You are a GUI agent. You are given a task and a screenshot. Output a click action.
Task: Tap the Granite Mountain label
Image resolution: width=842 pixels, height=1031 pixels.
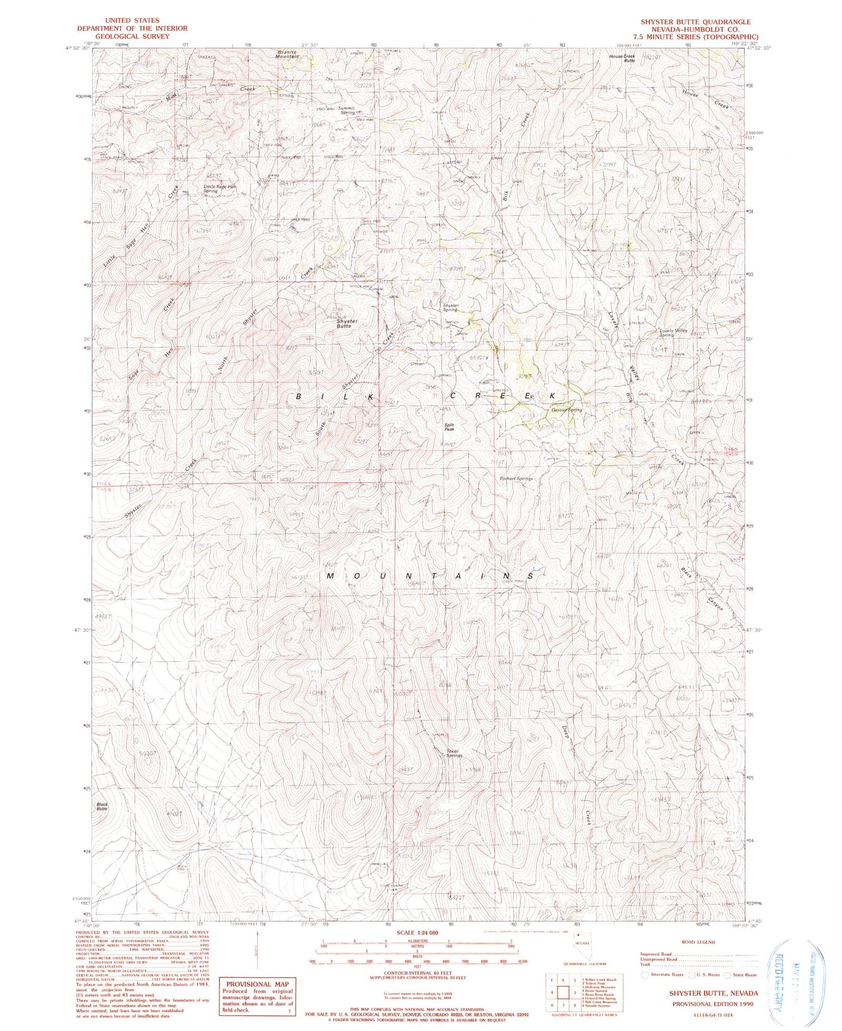pos(287,54)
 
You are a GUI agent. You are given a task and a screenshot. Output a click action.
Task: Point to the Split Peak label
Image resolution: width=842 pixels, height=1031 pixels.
pos(449,427)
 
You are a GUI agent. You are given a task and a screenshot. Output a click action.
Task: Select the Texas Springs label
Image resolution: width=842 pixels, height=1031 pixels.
pos(454,753)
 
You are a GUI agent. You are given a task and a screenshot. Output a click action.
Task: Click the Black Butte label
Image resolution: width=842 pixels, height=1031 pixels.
pos(102,806)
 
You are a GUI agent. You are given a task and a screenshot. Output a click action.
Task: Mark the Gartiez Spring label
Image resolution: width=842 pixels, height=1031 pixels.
pos(566,410)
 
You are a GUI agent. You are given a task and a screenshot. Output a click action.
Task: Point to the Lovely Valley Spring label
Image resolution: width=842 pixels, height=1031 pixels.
pos(673,332)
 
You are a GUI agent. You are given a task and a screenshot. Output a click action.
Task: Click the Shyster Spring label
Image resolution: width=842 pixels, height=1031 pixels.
pos(451,308)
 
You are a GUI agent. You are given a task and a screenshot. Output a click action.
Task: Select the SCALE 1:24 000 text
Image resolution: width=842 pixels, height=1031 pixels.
pos(418,932)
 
